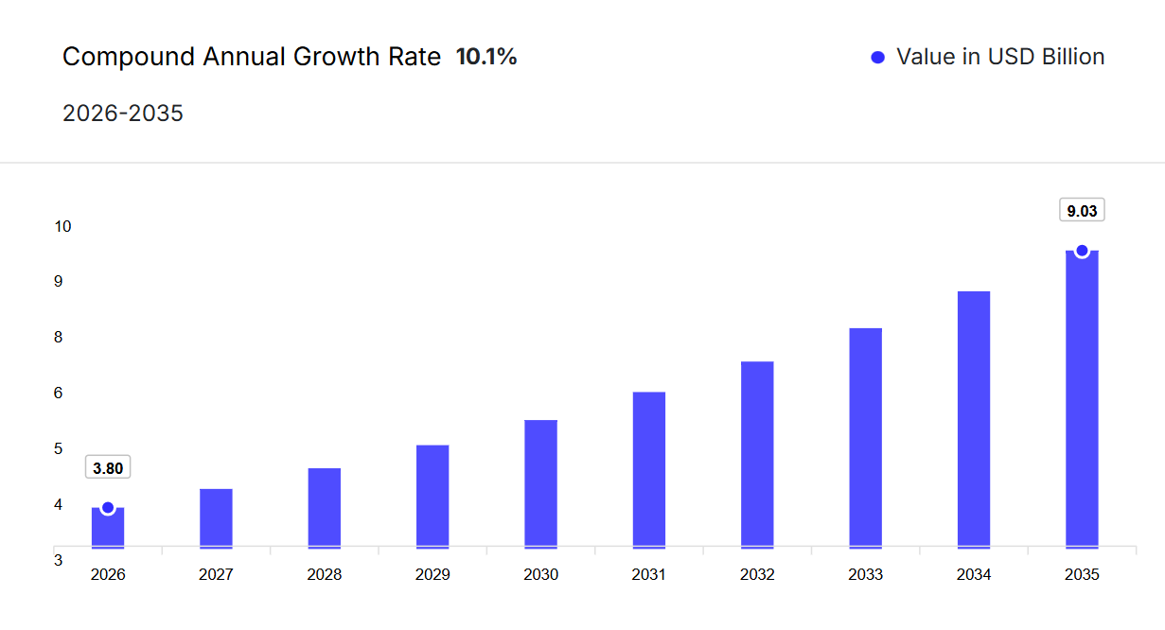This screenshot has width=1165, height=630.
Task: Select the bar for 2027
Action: tap(216, 517)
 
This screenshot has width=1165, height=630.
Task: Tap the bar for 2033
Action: tap(865, 437)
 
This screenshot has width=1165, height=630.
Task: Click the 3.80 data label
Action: tap(108, 468)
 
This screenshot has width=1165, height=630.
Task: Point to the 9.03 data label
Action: tap(1082, 211)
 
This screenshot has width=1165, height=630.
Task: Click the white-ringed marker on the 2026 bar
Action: tap(108, 508)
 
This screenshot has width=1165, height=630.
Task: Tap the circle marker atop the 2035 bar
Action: tap(1082, 251)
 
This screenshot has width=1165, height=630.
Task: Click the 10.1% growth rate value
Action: tap(486, 57)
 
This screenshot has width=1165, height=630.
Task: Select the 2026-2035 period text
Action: tap(123, 114)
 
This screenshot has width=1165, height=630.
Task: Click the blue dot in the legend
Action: tap(877, 58)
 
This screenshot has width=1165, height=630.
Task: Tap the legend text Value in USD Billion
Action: tap(1000, 57)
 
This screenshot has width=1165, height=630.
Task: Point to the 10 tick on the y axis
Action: tap(62, 226)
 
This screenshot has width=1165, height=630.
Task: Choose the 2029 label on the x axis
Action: tap(432, 574)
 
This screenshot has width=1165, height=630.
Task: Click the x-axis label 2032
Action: tap(757, 574)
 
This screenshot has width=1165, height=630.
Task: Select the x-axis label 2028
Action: tap(325, 574)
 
